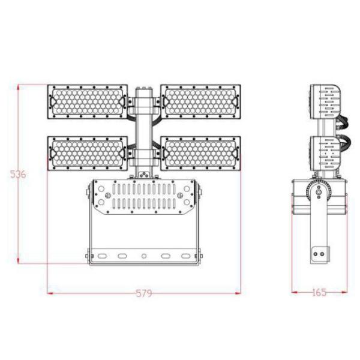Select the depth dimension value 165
[x=319, y=293]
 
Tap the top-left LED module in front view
[x=88, y=103]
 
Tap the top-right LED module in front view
[x=201, y=103]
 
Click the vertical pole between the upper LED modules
[x=144, y=117]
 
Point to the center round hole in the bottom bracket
[x=144, y=256]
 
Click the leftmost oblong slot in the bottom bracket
[x=103, y=256]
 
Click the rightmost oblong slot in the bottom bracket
[x=185, y=256]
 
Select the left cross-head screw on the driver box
[x=101, y=195]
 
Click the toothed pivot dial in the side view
[x=317, y=193]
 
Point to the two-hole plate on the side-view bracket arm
[x=320, y=254]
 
